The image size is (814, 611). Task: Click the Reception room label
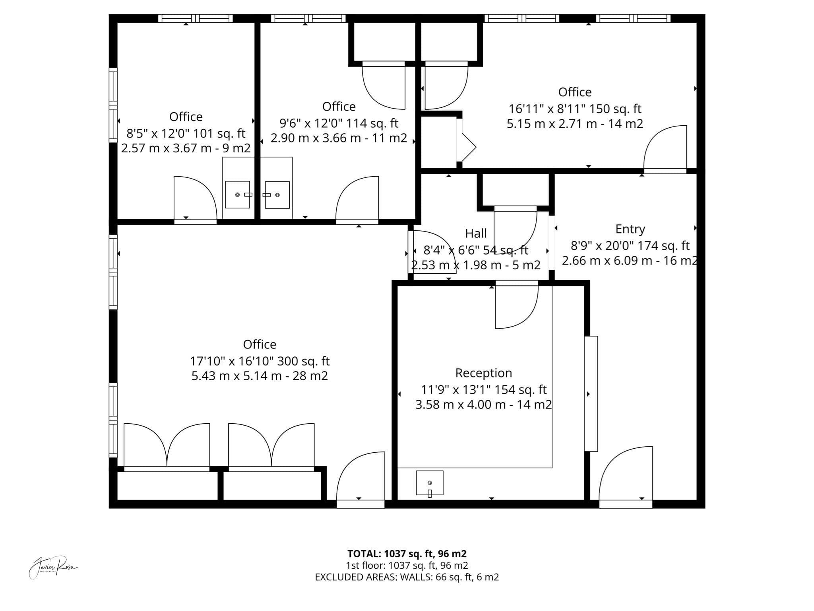pyautogui.click(x=483, y=373)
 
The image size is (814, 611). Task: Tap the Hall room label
pyautogui.click(x=476, y=233)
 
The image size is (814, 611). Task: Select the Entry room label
pyautogui.click(x=630, y=229)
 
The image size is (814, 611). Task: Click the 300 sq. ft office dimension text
pyautogui.click(x=260, y=361)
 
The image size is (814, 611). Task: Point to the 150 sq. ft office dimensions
pyautogui.click(x=575, y=109)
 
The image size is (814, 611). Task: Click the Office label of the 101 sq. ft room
pyautogui.click(x=186, y=117)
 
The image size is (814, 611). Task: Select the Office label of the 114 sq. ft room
pyautogui.click(x=339, y=106)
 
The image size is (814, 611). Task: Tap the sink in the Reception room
pyautogui.click(x=430, y=483)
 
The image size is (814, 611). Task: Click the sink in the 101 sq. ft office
pyautogui.click(x=238, y=195)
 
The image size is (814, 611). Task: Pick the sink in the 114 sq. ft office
pyautogui.click(x=277, y=195)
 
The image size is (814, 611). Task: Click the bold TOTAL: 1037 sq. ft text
pyautogui.click(x=407, y=554)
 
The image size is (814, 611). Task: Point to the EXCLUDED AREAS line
pyautogui.click(x=407, y=577)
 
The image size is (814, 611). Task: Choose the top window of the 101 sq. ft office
pyautogui.click(x=195, y=18)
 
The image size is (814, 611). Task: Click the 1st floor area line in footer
pyautogui.click(x=407, y=565)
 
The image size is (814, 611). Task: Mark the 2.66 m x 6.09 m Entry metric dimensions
pyautogui.click(x=630, y=261)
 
